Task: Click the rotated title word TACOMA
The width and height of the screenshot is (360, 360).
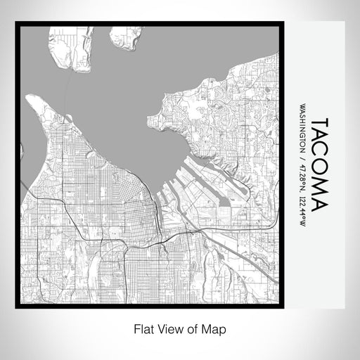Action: click(x=318, y=164)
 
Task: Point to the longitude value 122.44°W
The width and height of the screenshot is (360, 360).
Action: click(x=302, y=206)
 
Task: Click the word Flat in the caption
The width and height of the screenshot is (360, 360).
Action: click(x=141, y=328)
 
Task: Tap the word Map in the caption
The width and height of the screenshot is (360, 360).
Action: click(x=217, y=328)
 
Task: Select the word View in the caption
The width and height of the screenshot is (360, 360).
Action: click(x=169, y=328)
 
